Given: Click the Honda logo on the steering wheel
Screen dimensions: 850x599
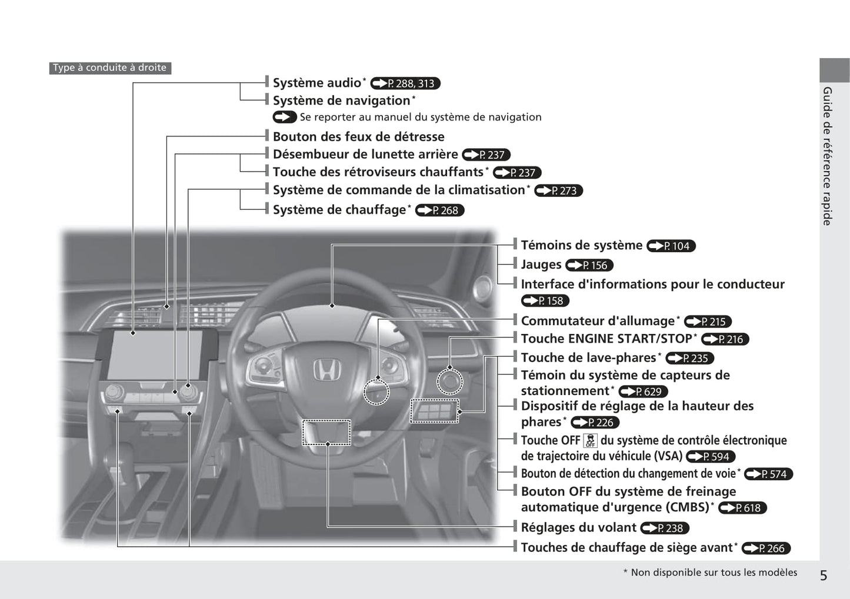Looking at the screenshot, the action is tap(326, 370).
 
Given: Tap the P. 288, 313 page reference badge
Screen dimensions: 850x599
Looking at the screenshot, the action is tap(405, 83).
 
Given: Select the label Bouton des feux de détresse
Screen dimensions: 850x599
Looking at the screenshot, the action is tap(359, 136).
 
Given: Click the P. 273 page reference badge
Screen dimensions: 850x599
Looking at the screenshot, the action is tap(559, 190).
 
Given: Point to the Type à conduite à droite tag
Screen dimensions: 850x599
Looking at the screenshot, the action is tap(110, 68).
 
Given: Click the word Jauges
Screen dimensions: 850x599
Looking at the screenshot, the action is tap(541, 265).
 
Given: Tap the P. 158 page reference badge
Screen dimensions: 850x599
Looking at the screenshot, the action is tap(545, 300).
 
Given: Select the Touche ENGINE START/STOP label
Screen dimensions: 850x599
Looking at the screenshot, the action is tap(606, 339).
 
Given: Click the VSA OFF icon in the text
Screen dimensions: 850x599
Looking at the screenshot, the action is tap(590, 440).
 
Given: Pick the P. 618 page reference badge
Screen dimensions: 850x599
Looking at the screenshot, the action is tap(742, 508).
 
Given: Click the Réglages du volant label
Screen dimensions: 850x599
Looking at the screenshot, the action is tap(578, 527).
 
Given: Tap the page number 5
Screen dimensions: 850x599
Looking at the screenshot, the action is tap(824, 575).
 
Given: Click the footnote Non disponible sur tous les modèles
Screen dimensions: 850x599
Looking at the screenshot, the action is tap(714, 573).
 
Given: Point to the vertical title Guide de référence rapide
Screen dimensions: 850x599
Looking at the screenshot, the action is tap(827, 156).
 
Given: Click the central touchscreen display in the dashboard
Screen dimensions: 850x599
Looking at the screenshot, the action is tap(155, 355).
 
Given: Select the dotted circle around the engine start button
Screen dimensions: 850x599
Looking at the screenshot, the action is tap(449, 382).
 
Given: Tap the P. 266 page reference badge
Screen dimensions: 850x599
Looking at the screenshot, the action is tap(766, 548).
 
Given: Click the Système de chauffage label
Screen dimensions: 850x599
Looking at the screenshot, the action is tap(339, 210).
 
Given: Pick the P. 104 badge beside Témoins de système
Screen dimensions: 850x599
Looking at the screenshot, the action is tap(671, 246).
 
